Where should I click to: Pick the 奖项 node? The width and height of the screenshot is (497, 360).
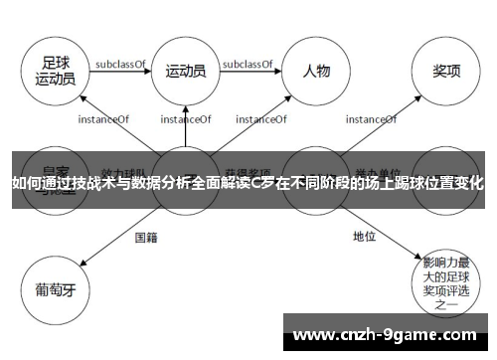click(x=444, y=71)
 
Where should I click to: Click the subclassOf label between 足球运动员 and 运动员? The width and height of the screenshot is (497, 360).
click(x=120, y=64)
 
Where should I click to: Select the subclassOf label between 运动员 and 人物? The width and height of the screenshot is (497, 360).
click(x=249, y=64)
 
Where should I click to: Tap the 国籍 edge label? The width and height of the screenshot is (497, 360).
click(x=146, y=237)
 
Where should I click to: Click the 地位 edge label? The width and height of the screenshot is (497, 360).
click(x=364, y=237)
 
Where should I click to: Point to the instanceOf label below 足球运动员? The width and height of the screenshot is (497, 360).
click(x=103, y=119)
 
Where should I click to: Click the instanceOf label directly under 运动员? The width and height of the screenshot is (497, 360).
click(x=186, y=119)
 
